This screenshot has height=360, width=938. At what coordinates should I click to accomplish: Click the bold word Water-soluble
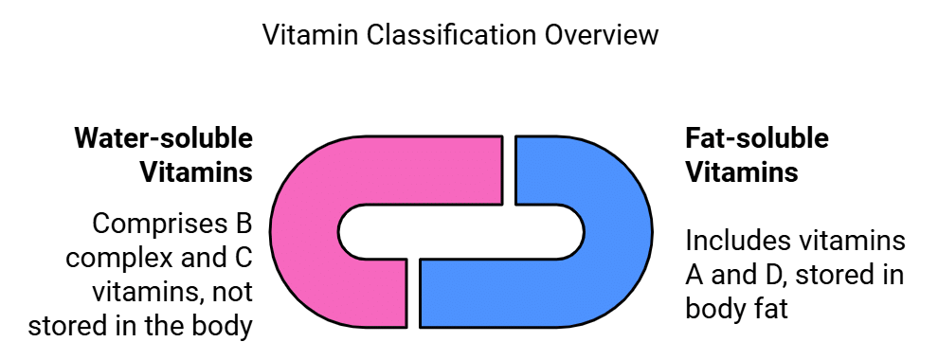pyautogui.click(x=164, y=139)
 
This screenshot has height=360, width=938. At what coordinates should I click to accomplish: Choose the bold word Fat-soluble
pyautogui.click(x=756, y=139)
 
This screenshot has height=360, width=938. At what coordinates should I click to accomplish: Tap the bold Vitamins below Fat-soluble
pyautogui.click(x=741, y=173)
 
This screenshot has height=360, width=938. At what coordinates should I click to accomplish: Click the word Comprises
pyautogui.click(x=155, y=225)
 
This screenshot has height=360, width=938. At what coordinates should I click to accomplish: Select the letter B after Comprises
pyautogui.click(x=243, y=225)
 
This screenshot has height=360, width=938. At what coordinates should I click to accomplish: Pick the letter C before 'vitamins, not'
pyautogui.click(x=242, y=259)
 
